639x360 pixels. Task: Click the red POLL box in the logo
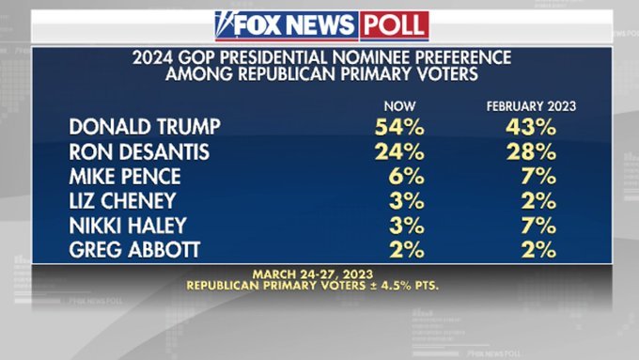pyautogui.click(x=395, y=24)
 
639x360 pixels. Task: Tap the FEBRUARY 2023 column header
pyautogui.click(x=531, y=106)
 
